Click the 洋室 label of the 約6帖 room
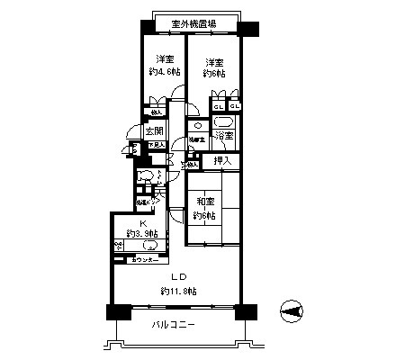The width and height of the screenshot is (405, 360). [x=214, y=62]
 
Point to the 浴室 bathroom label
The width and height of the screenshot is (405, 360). [x=225, y=135]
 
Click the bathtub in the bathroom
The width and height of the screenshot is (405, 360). [x=224, y=121]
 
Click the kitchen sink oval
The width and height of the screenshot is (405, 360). [x=148, y=245]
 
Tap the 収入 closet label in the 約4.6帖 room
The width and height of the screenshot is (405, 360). [x=157, y=113]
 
